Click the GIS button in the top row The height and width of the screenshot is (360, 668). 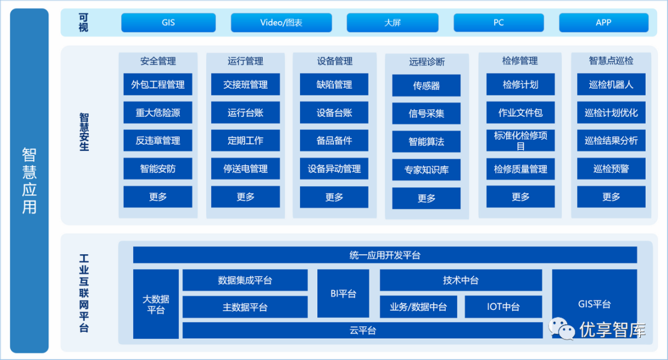pos(168,23)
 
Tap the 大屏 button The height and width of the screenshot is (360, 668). pos(392,23)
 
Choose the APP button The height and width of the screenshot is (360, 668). pos(603,23)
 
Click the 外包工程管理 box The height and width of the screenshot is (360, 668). pos(158,85)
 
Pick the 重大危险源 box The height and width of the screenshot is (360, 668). pos(158,113)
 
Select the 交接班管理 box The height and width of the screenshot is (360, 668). pos(246,85)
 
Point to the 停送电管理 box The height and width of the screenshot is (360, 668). pos(246,169)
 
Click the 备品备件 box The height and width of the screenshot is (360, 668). pos(334,140)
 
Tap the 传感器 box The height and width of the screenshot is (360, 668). pos(426,86)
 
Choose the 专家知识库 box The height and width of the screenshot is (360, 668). pos(426,170)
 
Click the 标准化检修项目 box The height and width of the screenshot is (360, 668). pos(520,140)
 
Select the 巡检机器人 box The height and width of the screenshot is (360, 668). pos(611,85)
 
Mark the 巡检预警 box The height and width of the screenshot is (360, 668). pos(611,169)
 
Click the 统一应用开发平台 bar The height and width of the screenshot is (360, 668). pos(385,255)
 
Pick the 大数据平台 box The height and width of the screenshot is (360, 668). pos(156,304)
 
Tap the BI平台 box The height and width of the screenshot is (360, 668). pos(343,294)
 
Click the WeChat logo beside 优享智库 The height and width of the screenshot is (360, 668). pos(562,329)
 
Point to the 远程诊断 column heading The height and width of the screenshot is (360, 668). pos(426,62)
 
